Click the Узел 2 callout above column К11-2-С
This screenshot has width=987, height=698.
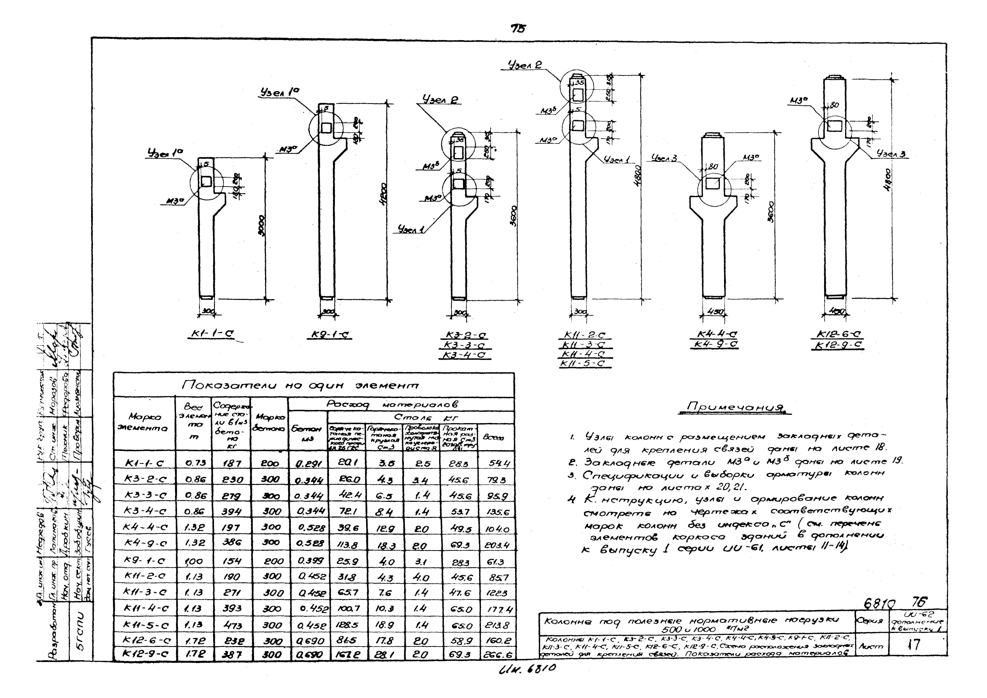coord(525,66)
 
